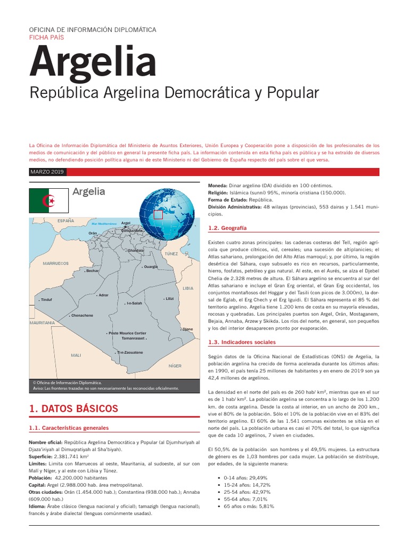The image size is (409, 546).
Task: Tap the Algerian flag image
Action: click(48, 200)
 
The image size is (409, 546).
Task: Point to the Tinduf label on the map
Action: click(47, 300)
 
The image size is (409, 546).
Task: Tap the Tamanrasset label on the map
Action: click(133, 338)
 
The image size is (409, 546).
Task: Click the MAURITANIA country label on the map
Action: click(43, 323)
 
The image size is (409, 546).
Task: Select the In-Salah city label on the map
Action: click(134, 303)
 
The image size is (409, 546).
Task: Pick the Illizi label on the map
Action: click(169, 299)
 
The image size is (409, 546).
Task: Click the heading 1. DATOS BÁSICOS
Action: click(73, 409)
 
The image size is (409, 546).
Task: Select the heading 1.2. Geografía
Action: click(227, 228)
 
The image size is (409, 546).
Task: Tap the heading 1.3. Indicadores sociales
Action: click(242, 342)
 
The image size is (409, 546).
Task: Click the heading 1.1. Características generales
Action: click(69, 428)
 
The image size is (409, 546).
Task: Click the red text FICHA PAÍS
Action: click(46, 37)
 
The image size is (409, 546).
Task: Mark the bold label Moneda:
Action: click(220, 185)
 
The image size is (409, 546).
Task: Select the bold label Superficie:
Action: click(41, 457)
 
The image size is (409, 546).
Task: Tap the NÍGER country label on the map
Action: click(175, 366)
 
